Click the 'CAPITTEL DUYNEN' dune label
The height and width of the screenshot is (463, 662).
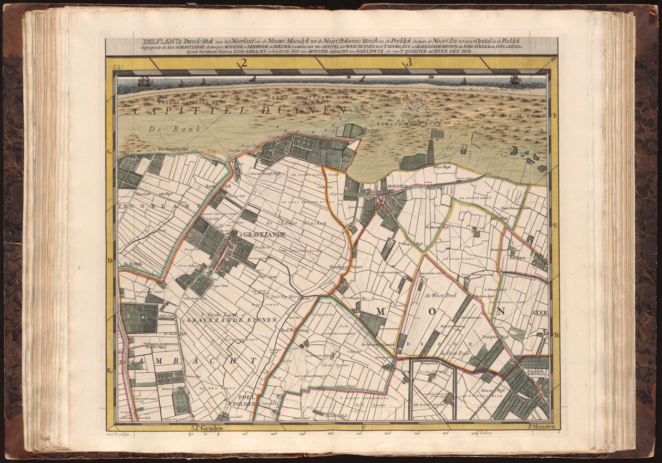[x=240, y=110]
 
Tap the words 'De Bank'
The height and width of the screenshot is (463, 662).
[x=164, y=129]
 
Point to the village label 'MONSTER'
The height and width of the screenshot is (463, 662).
[x=398, y=187]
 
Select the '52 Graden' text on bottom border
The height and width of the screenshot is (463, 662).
[x=209, y=428]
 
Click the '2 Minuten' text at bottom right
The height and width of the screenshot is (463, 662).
[x=541, y=427]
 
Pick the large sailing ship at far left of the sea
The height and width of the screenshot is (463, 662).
[x=144, y=81]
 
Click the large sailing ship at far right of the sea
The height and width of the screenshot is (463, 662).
[x=515, y=80]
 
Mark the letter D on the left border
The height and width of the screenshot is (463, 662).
[x=110, y=260]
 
